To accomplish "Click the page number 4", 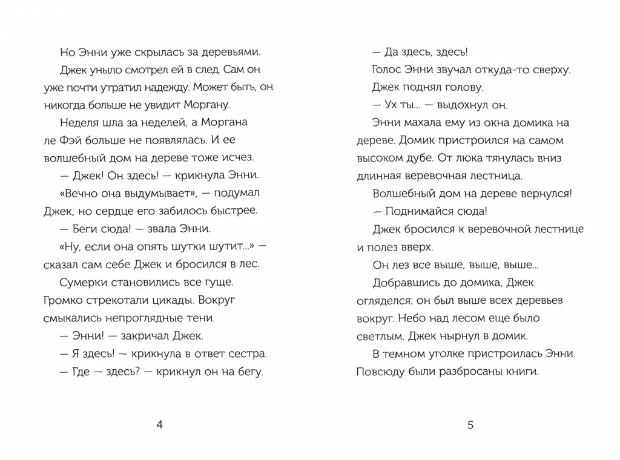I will tap(160, 424).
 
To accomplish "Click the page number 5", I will tap(470, 424).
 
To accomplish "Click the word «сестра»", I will tap(249, 353).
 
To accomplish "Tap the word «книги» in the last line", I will tap(523, 371).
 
